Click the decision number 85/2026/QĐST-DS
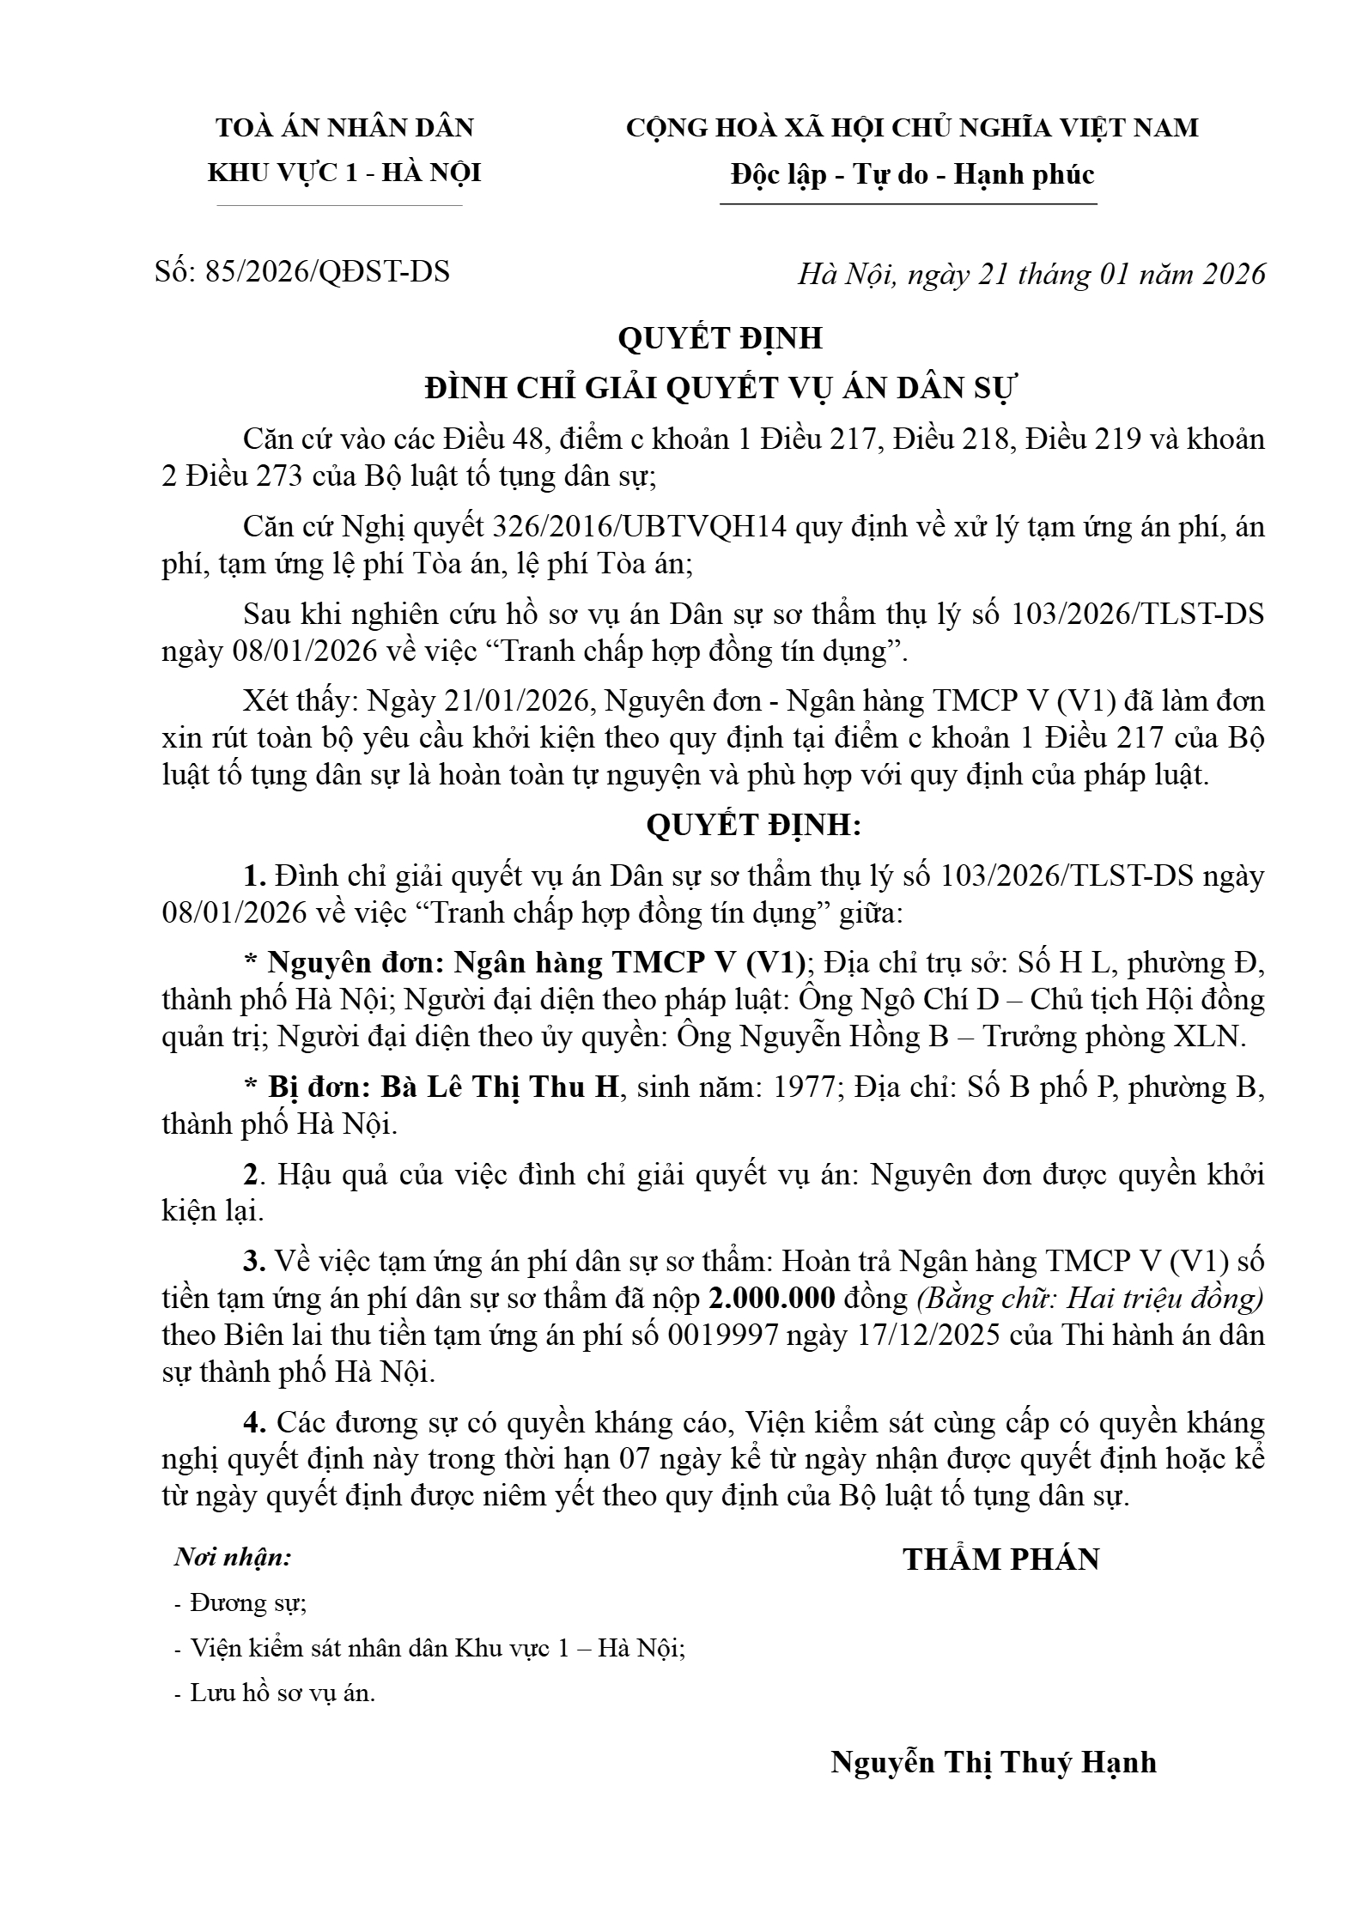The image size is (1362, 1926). point(327,272)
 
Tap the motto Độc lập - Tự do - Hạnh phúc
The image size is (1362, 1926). point(912,175)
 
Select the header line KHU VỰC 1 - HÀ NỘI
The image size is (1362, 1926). point(344,173)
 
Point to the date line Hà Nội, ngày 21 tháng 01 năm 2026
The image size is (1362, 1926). point(1031,274)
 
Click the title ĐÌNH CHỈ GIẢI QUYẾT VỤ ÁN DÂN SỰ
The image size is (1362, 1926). point(721,389)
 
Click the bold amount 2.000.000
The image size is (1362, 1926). point(771,1298)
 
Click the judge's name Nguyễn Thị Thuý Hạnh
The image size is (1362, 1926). point(993,1761)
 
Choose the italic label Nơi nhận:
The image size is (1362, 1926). point(233,1557)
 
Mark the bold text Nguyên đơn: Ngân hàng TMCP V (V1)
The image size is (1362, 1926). point(536,963)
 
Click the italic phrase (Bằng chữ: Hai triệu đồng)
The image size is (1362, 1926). point(1091,1298)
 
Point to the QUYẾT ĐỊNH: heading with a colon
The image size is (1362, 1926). point(752,825)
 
